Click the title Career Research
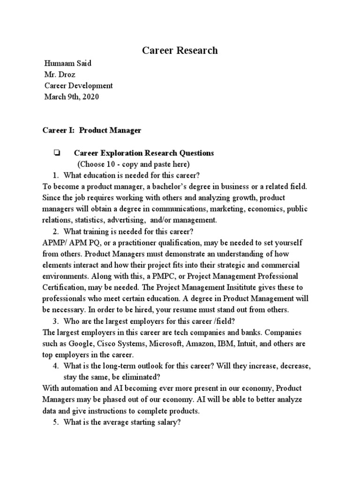[180, 51]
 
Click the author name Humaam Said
[67, 64]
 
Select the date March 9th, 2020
[72, 97]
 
